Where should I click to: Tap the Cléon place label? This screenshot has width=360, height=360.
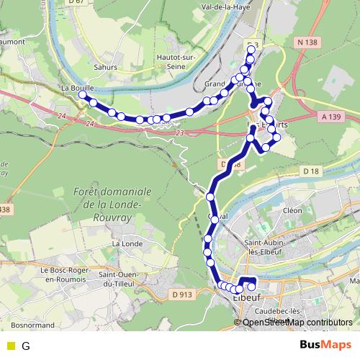click(x=293, y=210)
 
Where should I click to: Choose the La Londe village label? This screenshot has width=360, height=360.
click(x=127, y=244)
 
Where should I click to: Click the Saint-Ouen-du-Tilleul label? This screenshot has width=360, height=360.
click(x=125, y=279)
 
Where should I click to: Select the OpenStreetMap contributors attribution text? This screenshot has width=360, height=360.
click(x=297, y=323)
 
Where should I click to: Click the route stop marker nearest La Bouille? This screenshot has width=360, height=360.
click(x=83, y=95)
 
